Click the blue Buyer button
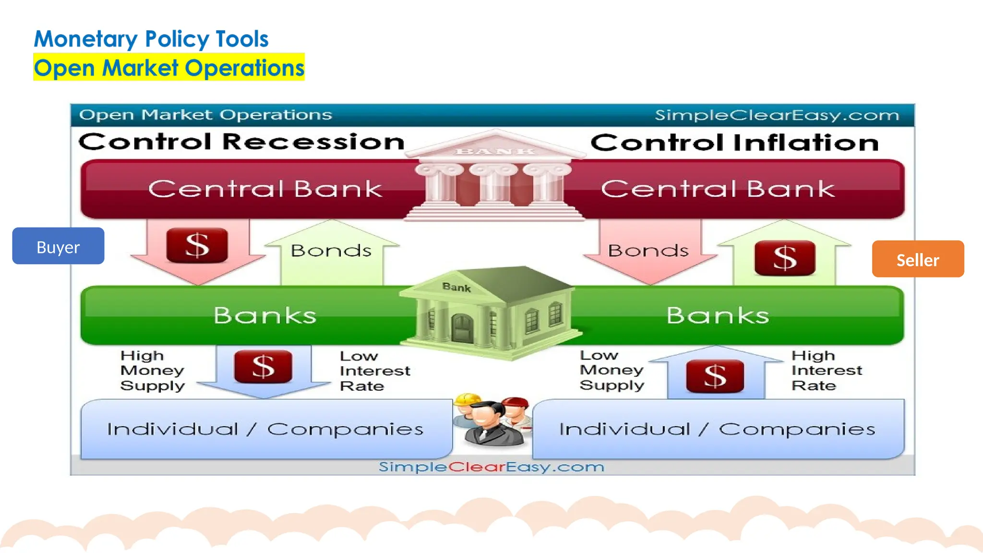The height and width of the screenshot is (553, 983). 58,246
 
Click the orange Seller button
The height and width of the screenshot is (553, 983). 917,259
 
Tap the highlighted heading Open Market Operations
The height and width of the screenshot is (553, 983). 169,68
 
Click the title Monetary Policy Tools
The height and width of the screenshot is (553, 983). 151,39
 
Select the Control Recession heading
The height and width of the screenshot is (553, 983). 241,142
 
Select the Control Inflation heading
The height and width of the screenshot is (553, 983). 734,143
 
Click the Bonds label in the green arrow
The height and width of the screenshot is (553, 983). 331,251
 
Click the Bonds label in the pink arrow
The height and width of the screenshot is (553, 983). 648,251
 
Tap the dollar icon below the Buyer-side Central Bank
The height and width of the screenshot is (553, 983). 197,245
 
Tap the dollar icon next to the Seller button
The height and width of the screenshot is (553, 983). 784,258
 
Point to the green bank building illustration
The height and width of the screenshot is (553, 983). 490,312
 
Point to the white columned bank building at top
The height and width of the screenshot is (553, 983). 494,178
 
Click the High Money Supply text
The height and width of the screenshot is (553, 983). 152,371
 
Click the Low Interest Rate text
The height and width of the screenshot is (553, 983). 374,371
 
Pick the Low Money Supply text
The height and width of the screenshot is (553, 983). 611,370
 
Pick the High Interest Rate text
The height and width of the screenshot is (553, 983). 826,371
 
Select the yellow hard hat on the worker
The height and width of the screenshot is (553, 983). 468,400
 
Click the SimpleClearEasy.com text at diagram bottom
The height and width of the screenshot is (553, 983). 491,467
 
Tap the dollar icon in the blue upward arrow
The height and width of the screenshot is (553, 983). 715,376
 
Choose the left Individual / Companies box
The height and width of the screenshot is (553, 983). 265,429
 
